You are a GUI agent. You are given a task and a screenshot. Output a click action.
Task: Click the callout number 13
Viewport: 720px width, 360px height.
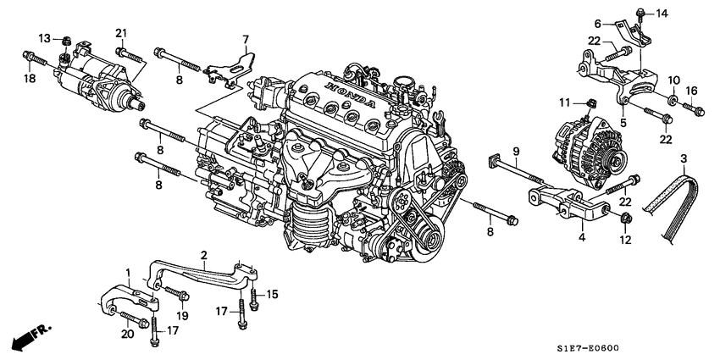tap(45, 38)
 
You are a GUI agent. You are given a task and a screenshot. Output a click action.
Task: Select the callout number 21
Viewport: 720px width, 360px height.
tap(121, 33)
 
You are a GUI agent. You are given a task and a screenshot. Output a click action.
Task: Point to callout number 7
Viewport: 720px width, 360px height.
tap(246, 39)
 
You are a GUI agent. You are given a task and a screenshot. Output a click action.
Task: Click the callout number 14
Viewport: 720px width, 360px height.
tap(662, 13)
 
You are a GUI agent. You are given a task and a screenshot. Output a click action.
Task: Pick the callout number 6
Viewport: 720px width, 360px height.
tap(598, 24)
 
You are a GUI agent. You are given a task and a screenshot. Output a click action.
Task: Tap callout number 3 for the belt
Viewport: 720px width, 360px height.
tap(684, 158)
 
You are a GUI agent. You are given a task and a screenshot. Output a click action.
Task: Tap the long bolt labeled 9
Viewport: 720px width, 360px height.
tap(517, 169)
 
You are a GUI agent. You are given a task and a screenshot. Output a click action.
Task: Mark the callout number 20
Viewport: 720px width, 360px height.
tap(128, 335)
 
